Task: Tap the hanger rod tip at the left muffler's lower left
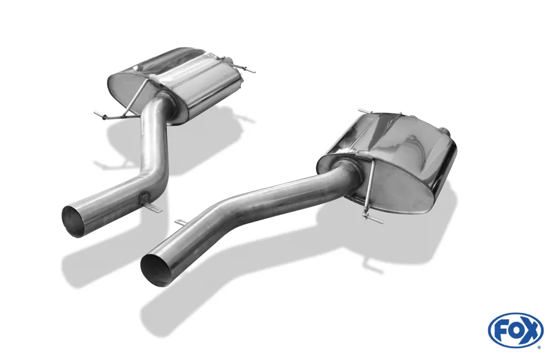(97, 115)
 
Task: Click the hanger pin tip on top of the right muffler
(362, 111)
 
